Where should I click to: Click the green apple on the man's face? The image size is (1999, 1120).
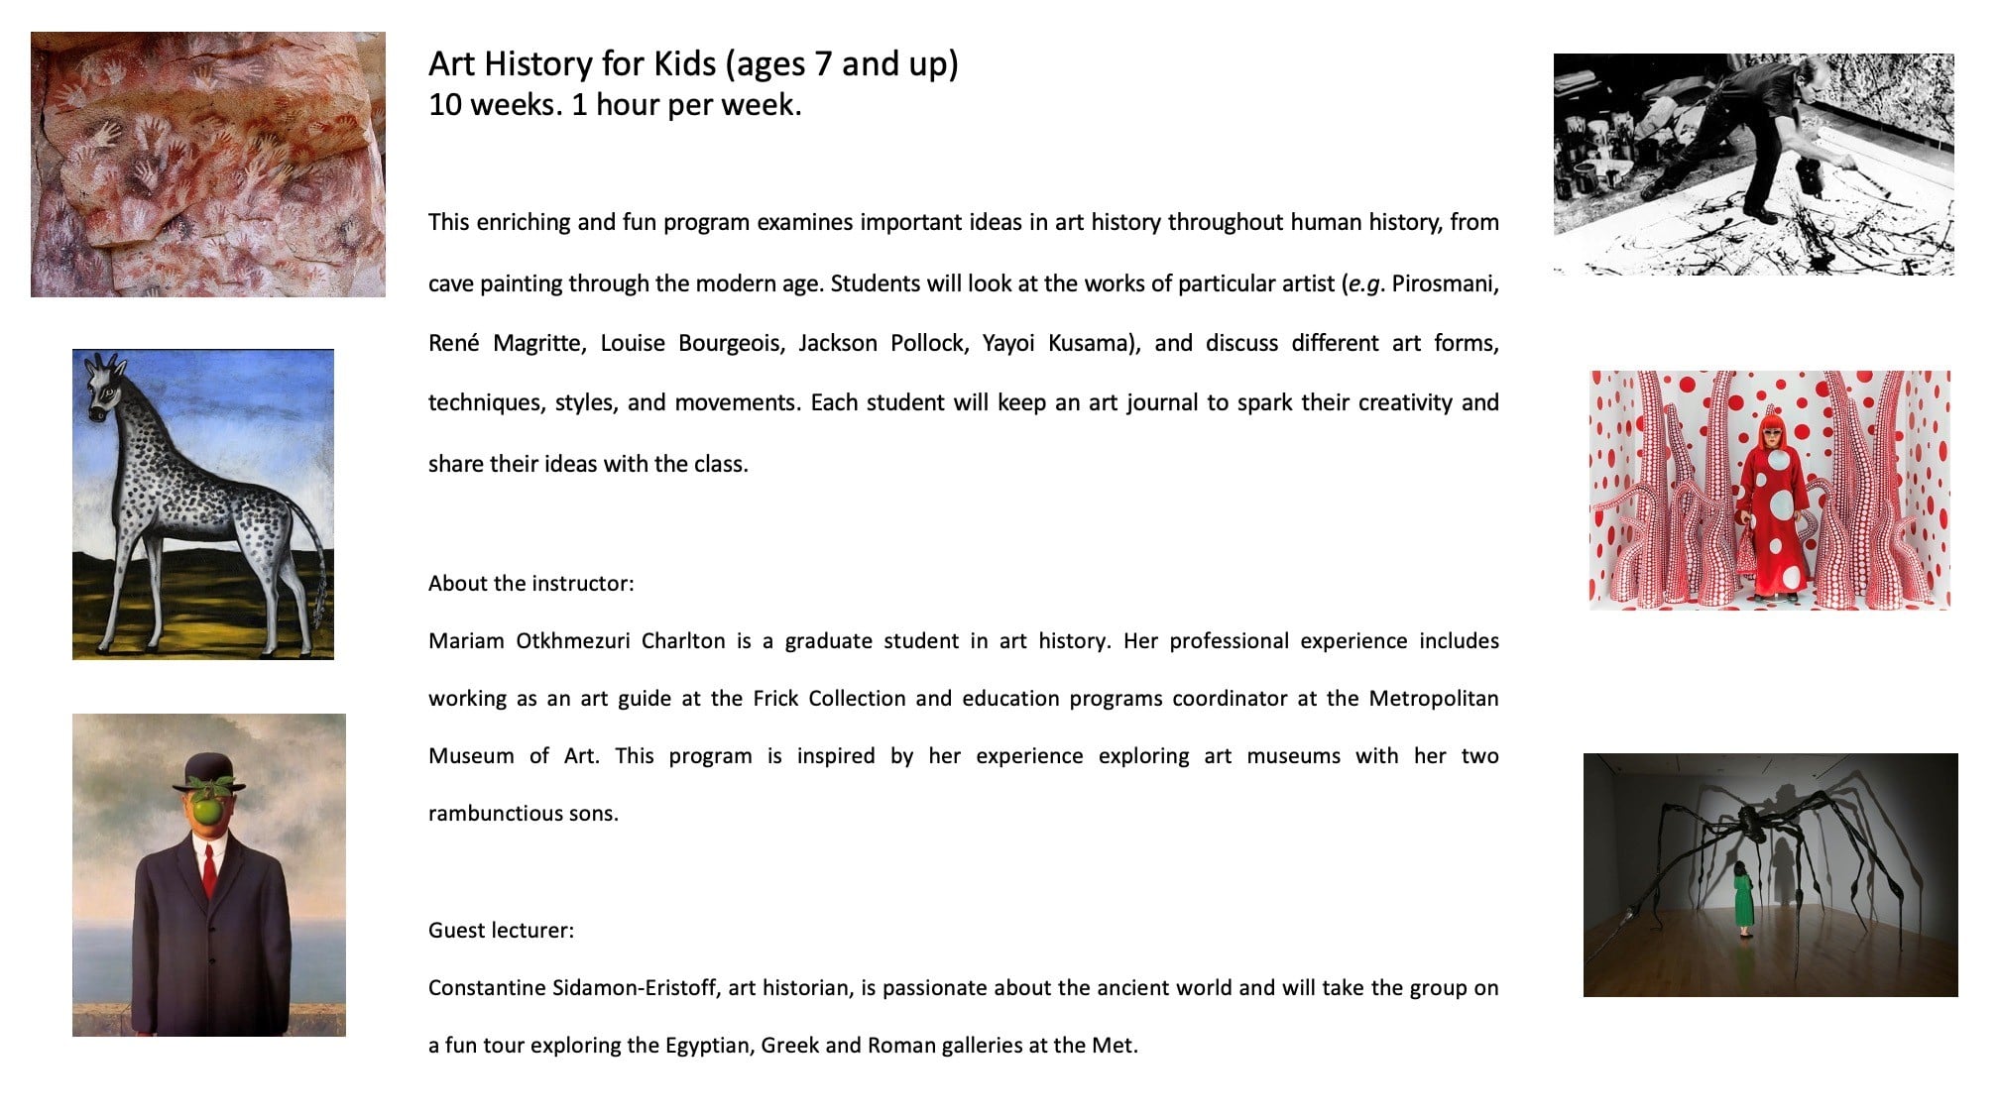(207, 811)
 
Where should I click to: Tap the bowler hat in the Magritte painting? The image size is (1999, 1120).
(208, 772)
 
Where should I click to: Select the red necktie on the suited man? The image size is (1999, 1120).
(209, 872)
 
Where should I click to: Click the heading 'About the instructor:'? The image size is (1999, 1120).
(530, 584)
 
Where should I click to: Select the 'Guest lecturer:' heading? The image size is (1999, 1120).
(501, 931)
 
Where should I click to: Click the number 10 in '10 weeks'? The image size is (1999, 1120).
(443, 105)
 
